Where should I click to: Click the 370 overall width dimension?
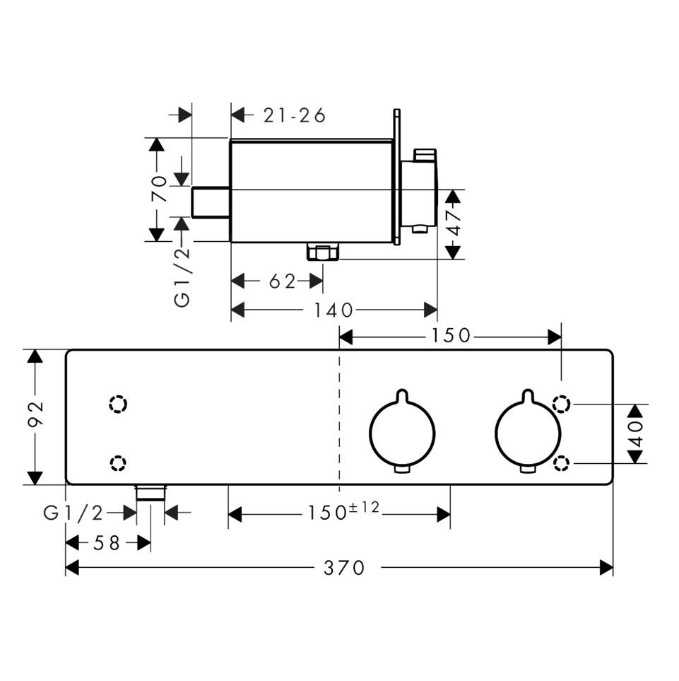346,567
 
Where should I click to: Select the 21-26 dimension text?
295,115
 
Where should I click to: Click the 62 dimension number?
282,281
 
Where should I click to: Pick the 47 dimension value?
453,223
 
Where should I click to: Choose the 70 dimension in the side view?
161,189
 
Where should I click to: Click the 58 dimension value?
107,542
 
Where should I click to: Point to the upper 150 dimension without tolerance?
450,336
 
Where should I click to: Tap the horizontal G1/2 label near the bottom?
73,513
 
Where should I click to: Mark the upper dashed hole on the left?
118,404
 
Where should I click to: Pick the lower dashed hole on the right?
562,463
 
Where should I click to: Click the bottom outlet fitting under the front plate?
150,492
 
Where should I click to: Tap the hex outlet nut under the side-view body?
323,251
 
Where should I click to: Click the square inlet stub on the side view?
211,204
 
